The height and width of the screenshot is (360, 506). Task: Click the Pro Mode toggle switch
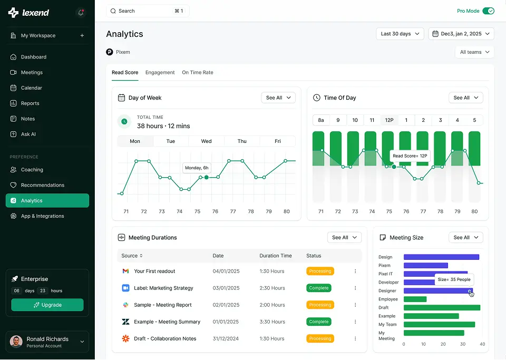(488, 11)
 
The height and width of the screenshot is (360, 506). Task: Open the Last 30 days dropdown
(402, 34)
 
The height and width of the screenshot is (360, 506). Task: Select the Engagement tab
(160, 72)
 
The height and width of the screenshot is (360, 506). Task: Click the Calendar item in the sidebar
(32, 88)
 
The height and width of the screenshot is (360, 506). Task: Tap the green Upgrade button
(47, 305)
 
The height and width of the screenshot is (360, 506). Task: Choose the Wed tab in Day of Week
(207, 141)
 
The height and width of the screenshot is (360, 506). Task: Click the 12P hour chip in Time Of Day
(389, 120)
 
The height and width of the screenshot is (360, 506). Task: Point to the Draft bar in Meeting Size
(442, 307)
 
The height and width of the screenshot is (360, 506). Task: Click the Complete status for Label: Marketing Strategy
(318, 288)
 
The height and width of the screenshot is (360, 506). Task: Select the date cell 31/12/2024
(226, 338)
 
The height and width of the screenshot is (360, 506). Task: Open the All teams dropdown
(474, 52)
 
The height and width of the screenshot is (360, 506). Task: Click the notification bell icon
(81, 13)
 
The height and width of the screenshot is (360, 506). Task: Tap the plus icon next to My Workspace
(82, 36)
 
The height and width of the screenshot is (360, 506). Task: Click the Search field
(148, 11)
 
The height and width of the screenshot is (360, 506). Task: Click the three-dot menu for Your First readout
(355, 271)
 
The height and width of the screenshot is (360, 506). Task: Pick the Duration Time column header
(275, 256)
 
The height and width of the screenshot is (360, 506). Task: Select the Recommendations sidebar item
(42, 185)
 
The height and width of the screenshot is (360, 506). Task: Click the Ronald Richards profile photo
(16, 342)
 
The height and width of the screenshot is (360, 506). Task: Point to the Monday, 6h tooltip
(197, 168)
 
